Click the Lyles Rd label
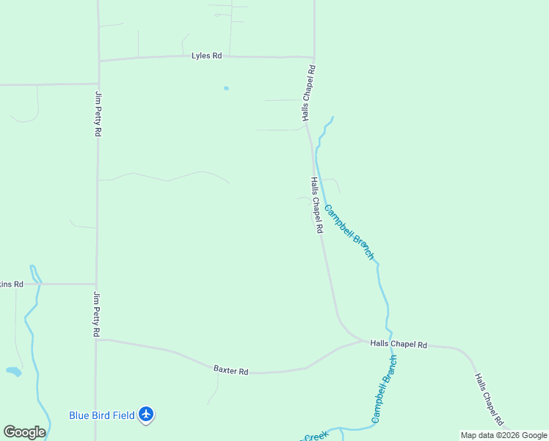(206, 56)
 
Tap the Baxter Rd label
(231, 371)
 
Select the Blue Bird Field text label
(102, 415)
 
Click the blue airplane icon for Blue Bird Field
(146, 415)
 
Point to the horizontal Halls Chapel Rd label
(399, 344)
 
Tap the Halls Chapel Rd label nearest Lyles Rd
(309, 93)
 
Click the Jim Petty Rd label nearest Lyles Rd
(98, 113)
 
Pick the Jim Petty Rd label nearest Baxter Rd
(96, 314)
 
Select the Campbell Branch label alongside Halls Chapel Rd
(349, 232)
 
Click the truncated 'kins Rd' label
(12, 284)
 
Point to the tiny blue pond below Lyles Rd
(226, 88)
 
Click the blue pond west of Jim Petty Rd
(13, 371)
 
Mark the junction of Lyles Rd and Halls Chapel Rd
(314, 57)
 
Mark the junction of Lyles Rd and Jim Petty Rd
(98, 60)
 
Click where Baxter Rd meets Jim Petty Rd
(97, 340)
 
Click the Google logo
(24, 432)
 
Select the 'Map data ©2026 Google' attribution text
(503, 435)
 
